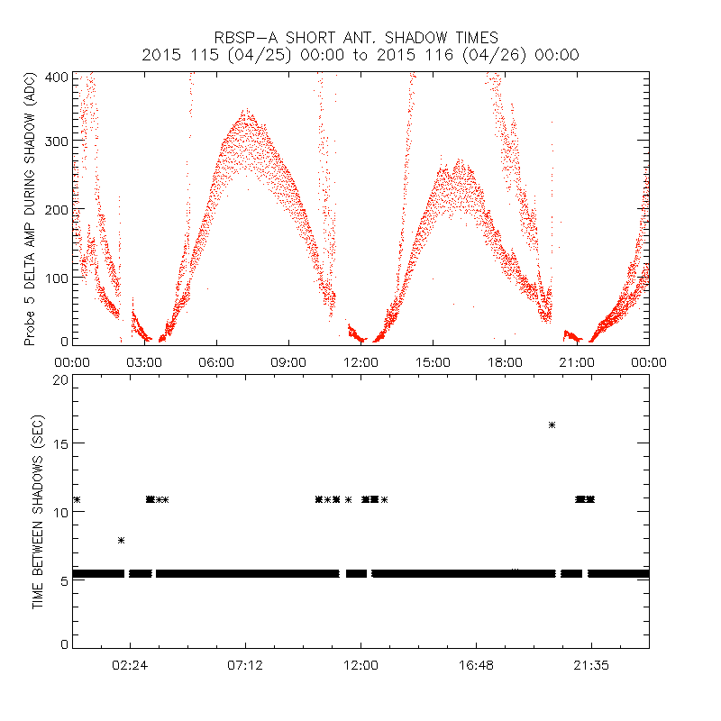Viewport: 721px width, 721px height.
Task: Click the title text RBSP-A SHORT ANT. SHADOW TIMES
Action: click(360, 38)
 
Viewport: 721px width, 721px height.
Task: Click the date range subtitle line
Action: click(360, 55)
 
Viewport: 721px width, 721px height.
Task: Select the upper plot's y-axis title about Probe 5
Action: click(30, 209)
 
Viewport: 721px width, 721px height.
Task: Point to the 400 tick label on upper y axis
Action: click(57, 77)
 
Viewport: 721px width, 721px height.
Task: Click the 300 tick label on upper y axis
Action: click(57, 142)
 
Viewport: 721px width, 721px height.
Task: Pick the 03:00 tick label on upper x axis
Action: click(144, 361)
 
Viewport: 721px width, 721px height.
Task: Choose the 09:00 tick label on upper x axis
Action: click(288, 361)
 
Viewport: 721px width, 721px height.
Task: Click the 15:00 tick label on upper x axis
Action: click(433, 361)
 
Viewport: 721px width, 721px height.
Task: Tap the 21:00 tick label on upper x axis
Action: click(577, 361)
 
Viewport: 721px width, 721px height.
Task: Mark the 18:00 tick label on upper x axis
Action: click(505, 361)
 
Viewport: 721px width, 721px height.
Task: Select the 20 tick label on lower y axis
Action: click(60, 379)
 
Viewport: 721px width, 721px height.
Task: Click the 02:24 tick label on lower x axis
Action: click(130, 664)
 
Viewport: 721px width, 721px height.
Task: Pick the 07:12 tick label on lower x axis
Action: click(245, 664)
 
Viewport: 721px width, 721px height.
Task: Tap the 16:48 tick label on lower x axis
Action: click(476, 664)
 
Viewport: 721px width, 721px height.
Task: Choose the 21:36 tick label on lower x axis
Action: click(591, 664)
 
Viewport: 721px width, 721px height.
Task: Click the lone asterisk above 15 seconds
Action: click(552, 424)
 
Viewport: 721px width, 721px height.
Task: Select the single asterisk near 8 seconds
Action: click(121, 540)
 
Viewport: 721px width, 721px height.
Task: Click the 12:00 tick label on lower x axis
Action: click(360, 664)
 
